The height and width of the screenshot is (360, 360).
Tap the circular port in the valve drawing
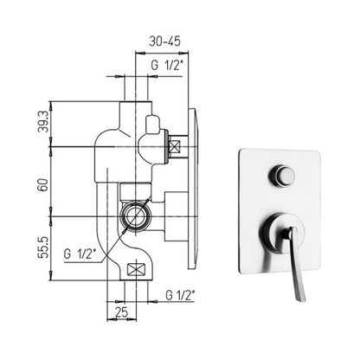click(135, 214)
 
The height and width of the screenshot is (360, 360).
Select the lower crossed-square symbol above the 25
click(136, 268)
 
